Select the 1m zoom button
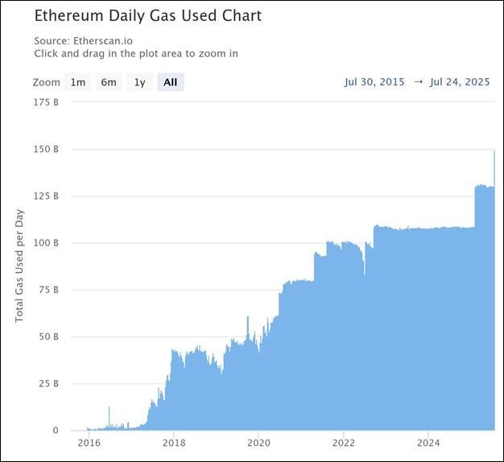(78, 82)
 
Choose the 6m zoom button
(109, 82)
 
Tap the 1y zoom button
(140, 82)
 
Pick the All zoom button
(170, 82)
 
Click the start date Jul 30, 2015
(374, 82)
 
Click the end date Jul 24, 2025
(460, 82)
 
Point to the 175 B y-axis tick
(45, 102)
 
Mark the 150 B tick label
(45, 150)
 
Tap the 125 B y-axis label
(45, 196)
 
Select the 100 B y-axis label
(45, 243)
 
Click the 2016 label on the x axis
(89, 443)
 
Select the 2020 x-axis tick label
(258, 443)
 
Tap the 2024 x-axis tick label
(428, 443)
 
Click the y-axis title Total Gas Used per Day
(20, 266)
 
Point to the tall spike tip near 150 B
(494, 151)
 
